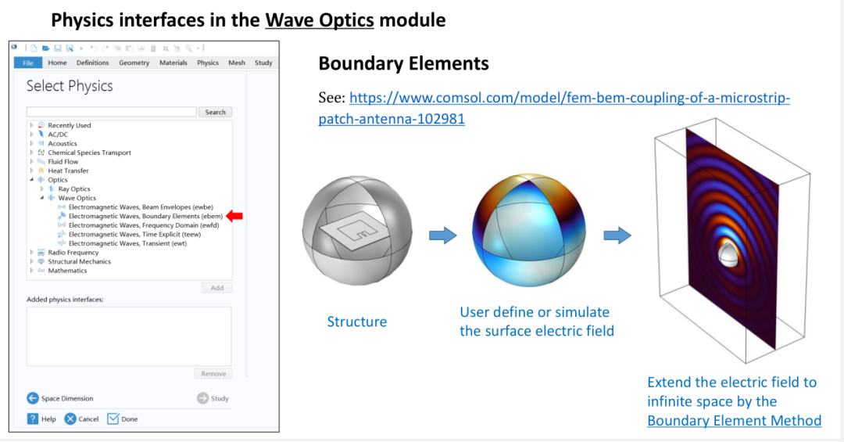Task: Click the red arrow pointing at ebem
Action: coord(234,216)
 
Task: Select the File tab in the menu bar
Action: coord(28,63)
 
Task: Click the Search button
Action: coord(216,112)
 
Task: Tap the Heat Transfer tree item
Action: coord(68,171)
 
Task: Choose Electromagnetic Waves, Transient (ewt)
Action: coord(127,243)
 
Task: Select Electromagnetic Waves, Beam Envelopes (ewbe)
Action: coord(141,207)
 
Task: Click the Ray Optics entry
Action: coord(74,189)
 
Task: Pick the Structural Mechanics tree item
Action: coord(79,262)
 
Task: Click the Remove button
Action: coord(213,373)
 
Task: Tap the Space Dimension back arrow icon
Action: coord(33,398)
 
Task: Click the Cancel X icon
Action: coord(70,419)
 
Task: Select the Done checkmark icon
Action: coord(113,419)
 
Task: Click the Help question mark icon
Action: coord(33,419)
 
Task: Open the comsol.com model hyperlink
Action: coord(554,108)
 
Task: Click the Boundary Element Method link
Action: coord(734,420)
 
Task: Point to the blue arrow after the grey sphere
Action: coord(443,235)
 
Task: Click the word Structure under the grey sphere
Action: coord(357,322)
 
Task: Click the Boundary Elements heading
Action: coord(404,63)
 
